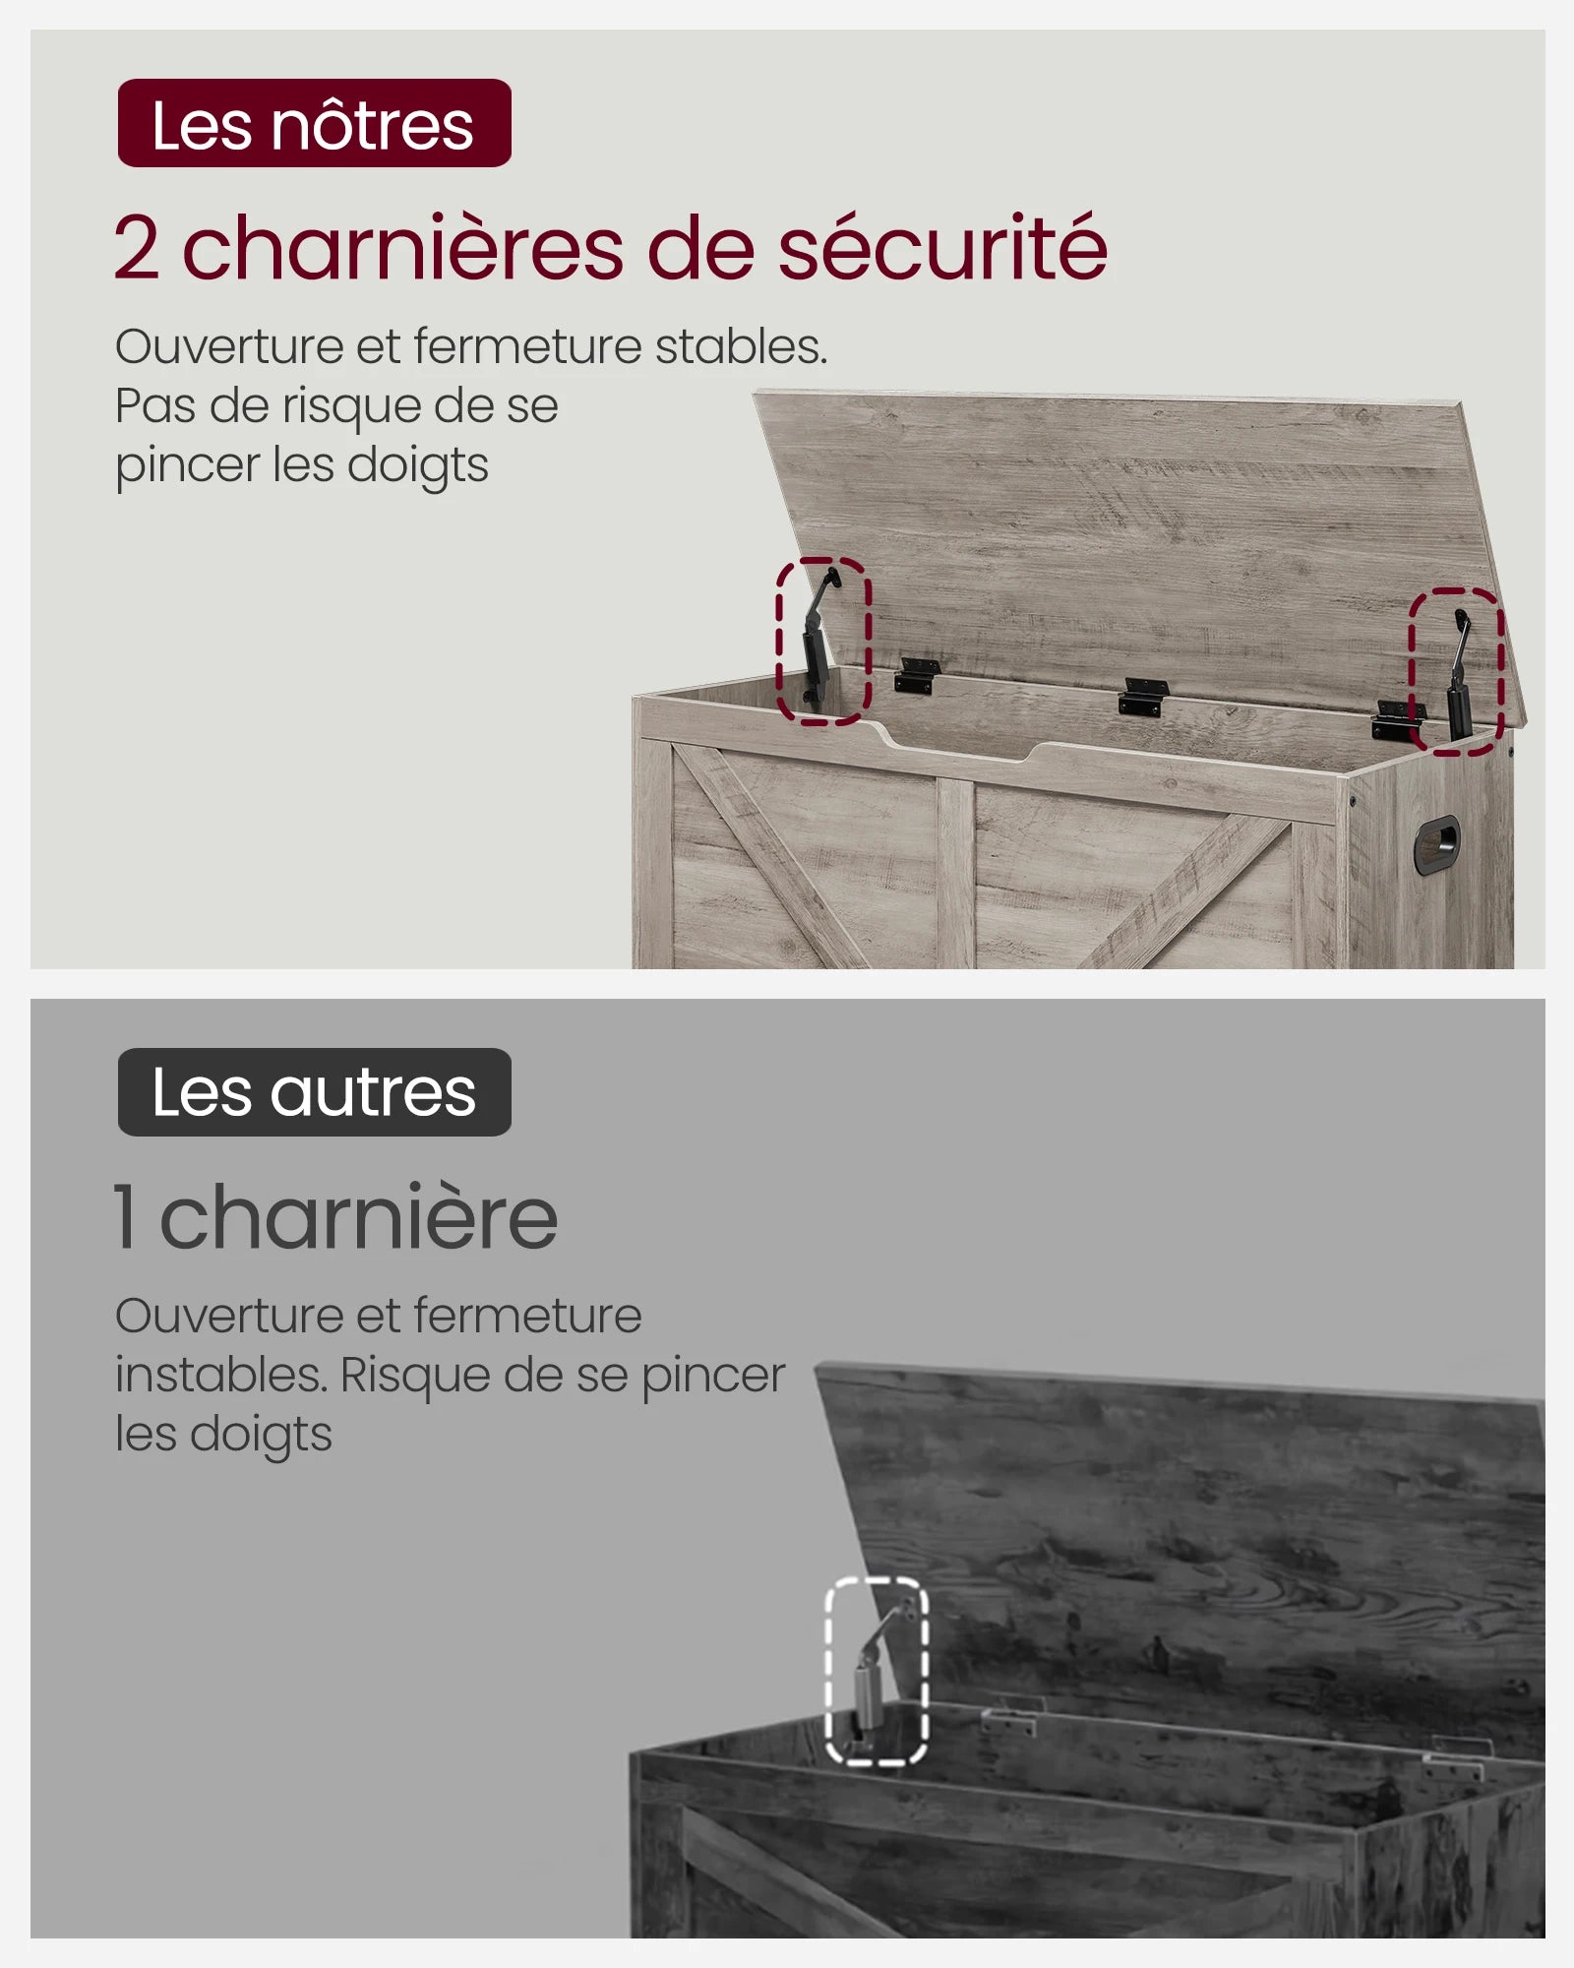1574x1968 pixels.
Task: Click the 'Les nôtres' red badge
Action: [315, 123]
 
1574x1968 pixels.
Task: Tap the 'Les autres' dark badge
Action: [315, 1092]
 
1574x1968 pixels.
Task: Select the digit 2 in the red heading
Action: [137, 248]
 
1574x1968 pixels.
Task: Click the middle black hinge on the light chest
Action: [1142, 695]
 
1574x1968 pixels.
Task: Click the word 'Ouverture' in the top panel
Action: [231, 346]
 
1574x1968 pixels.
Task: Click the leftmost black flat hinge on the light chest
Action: [916, 676]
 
